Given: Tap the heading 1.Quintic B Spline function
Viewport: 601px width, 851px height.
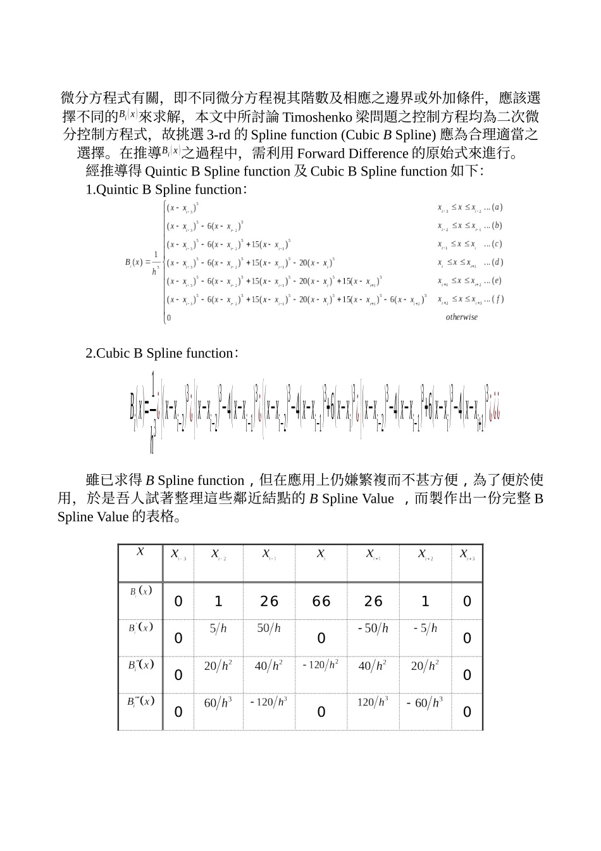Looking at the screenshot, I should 166,189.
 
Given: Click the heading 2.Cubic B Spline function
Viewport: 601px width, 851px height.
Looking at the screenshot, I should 161,353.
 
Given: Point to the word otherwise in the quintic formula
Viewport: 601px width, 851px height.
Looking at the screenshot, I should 462,317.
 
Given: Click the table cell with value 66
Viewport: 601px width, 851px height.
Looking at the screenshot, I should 321,601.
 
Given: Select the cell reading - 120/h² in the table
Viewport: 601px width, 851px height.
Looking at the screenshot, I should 321,664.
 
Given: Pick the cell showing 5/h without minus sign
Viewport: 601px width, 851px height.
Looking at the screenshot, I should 218,628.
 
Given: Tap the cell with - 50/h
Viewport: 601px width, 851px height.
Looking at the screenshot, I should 373,628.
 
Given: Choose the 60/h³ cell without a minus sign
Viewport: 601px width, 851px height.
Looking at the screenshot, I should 218,702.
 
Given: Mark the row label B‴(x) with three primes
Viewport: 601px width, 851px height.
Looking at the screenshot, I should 140,702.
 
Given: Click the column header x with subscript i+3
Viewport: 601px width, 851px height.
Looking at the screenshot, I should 467,555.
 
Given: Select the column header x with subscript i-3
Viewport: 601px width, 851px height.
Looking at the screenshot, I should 178,555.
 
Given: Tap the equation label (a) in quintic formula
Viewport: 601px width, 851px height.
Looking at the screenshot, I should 497,207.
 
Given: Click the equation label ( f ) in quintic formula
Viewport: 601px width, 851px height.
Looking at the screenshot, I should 497,299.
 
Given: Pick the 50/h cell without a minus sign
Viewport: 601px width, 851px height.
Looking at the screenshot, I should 269,628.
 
